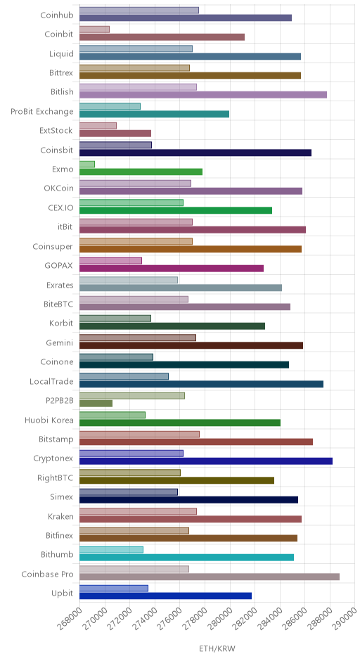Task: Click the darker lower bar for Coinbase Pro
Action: pos(210,577)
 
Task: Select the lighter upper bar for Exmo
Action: pos(87,165)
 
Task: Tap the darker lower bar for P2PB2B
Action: pos(96,404)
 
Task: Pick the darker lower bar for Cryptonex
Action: pos(206,461)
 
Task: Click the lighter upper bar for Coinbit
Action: pos(94,30)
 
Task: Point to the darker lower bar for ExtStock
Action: pos(115,133)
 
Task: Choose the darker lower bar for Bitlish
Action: pos(203,95)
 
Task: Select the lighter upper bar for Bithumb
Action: pos(111,550)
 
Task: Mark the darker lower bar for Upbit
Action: pos(166,596)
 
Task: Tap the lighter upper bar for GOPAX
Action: pos(111,261)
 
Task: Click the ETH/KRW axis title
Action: pos(217,648)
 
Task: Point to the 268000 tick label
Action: pos(70,618)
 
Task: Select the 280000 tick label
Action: pos(220,618)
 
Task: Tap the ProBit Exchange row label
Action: pos(42,112)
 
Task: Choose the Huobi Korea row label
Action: pos(49,421)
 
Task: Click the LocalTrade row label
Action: pos(51,382)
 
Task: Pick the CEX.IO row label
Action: pos(60,208)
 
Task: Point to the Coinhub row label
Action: pos(57,15)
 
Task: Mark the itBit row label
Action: pos(65,227)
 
